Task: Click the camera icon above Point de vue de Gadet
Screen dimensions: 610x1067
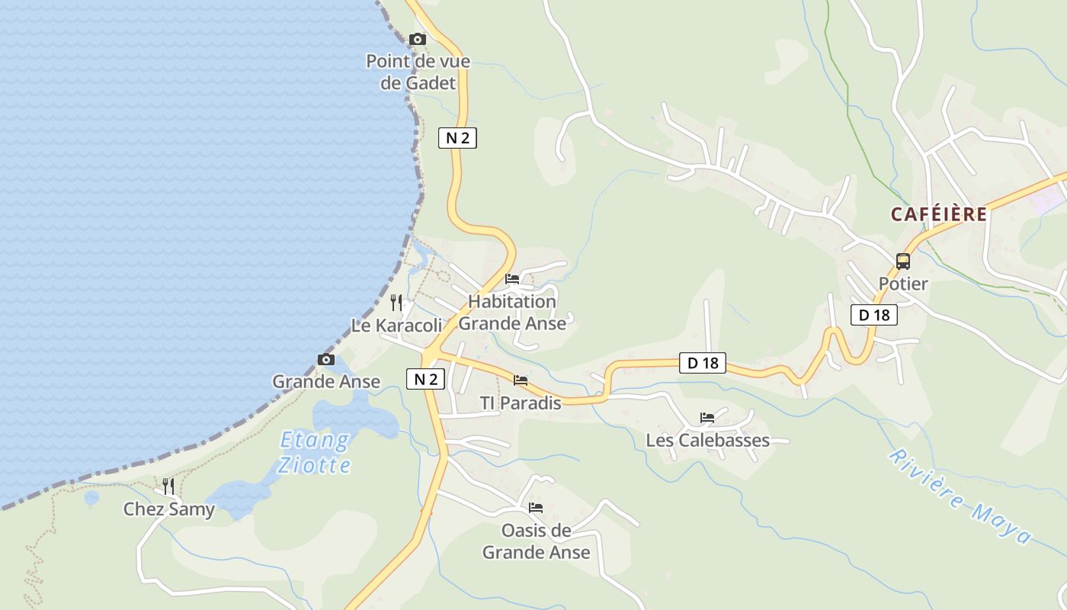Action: (418, 39)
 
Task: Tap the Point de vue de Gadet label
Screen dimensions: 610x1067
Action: (418, 72)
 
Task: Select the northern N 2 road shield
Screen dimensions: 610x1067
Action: (457, 138)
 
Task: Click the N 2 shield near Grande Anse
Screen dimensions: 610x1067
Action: (425, 379)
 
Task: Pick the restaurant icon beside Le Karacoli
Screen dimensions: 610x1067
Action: (396, 303)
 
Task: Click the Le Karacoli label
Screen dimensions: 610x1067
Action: (396, 326)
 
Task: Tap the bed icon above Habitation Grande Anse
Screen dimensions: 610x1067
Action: (512, 279)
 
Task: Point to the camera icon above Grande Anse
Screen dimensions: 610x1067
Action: (326, 360)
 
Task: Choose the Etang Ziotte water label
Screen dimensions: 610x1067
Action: (314, 452)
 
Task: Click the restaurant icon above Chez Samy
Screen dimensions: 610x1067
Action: (168, 486)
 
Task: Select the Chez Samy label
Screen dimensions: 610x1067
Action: (169, 509)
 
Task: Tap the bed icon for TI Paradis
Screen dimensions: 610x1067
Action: (521, 380)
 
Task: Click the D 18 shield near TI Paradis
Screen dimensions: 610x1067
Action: (703, 363)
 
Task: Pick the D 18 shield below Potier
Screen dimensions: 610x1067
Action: (873, 314)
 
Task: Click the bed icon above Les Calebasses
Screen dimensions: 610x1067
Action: (707, 418)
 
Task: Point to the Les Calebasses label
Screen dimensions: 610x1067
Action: (707, 441)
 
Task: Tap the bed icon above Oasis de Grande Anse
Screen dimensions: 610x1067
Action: (536, 508)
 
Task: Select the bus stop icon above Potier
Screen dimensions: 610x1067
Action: (903, 262)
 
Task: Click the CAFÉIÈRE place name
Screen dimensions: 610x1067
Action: (938, 215)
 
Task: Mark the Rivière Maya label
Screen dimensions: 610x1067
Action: (960, 496)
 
